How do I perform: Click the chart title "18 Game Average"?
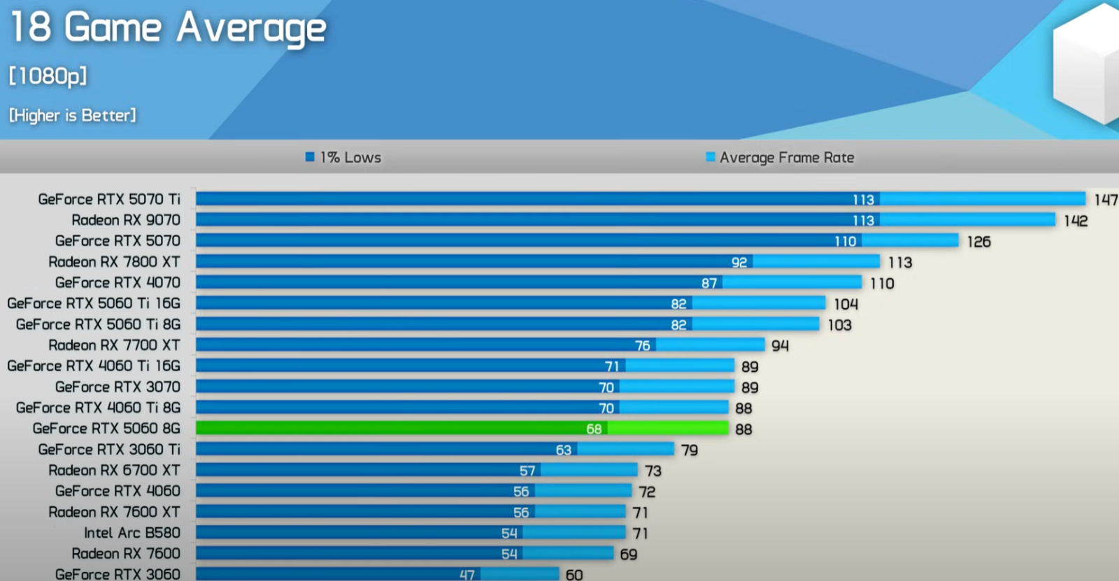(168, 28)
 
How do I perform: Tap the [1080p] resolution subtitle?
(48, 76)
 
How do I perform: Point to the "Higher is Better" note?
(73, 115)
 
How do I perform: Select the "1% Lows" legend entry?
(344, 157)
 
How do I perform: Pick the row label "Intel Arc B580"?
(132, 533)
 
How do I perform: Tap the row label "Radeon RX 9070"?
(126, 220)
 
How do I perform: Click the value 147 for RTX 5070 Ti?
(1106, 200)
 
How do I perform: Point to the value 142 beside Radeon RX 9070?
(1076, 221)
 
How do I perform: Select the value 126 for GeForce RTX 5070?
(978, 242)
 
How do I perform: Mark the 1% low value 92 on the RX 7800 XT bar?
(739, 262)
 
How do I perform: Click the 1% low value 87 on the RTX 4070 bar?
(709, 283)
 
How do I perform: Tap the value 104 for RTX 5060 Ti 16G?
(846, 304)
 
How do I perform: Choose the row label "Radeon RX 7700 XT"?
(114, 345)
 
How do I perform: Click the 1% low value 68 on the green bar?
(594, 429)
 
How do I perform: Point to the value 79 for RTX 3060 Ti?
(690, 450)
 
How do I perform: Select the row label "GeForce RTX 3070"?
(117, 387)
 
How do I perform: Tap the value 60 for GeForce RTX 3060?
(574, 575)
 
